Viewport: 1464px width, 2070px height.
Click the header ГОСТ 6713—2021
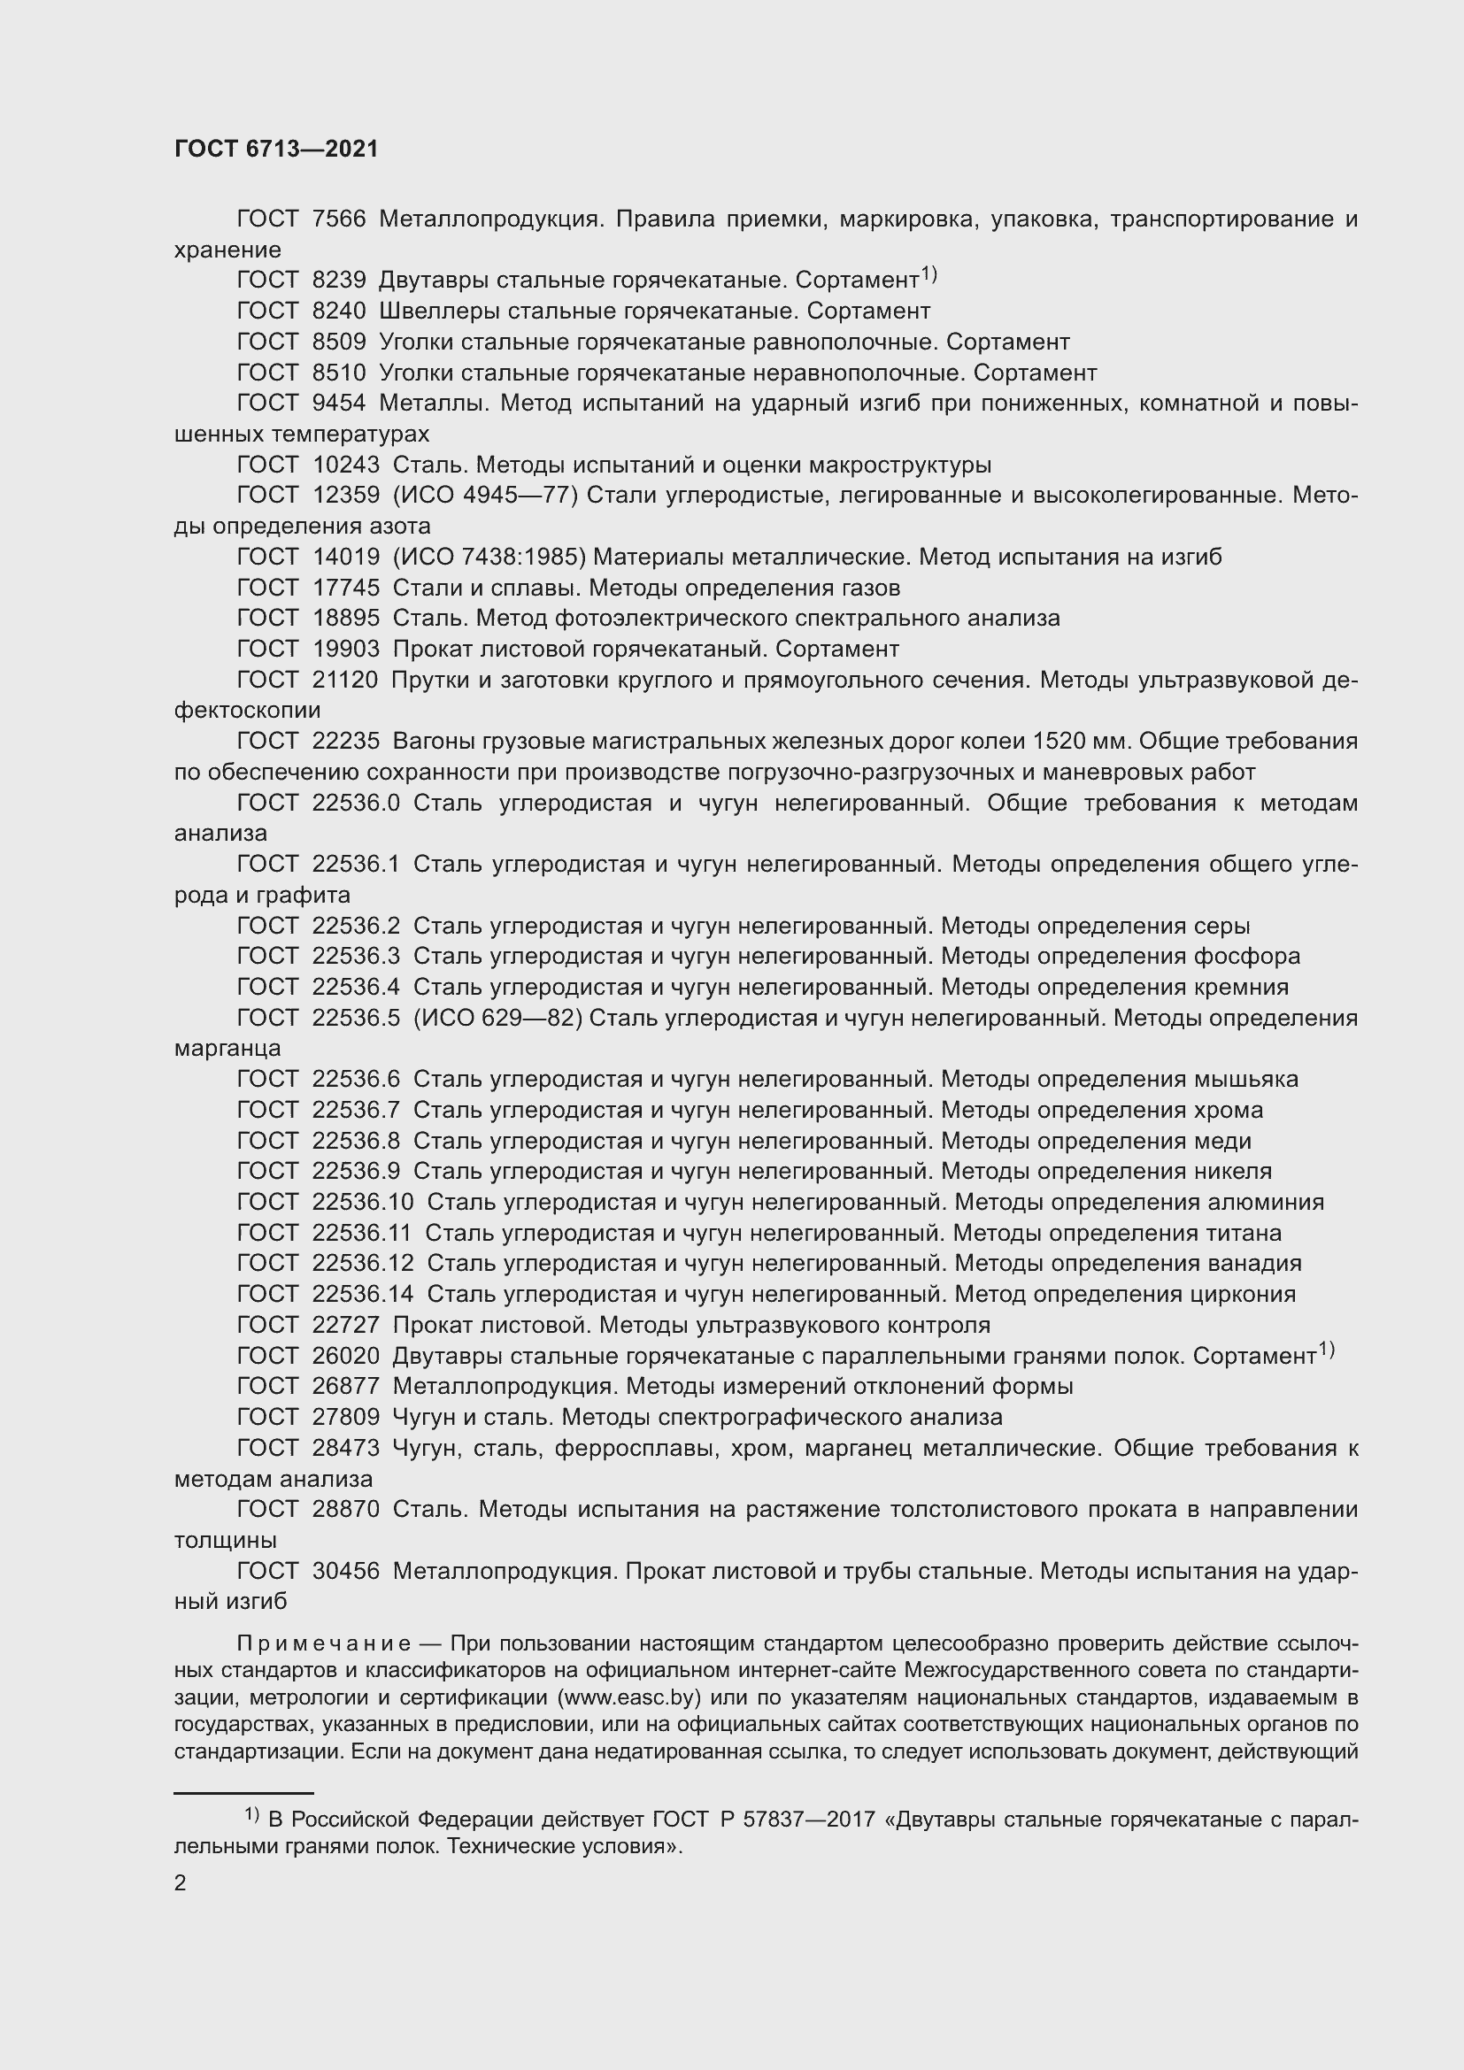(276, 150)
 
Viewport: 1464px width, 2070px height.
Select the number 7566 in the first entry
(339, 219)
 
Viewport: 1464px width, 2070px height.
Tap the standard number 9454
(339, 403)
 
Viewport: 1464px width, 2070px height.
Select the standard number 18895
(345, 619)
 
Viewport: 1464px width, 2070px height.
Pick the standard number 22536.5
(355, 1018)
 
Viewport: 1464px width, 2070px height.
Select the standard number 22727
(345, 1326)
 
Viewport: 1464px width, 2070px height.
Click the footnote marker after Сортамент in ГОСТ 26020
(1326, 1350)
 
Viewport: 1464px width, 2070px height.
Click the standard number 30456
(345, 1572)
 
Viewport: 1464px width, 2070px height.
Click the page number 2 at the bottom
(181, 1882)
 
